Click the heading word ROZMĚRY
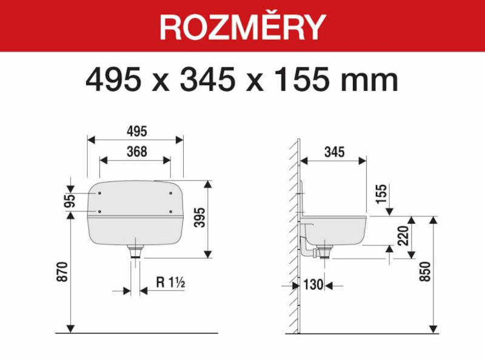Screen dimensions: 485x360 point(242,26)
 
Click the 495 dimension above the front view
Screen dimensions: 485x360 point(137,132)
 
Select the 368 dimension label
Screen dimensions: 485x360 point(137,152)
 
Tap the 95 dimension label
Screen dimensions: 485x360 point(70,201)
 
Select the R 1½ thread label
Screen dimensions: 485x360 point(170,282)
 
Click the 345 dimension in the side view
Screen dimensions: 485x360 point(335,152)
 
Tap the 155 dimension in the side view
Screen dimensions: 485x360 point(382,194)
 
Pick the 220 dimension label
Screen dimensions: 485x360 point(403,236)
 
